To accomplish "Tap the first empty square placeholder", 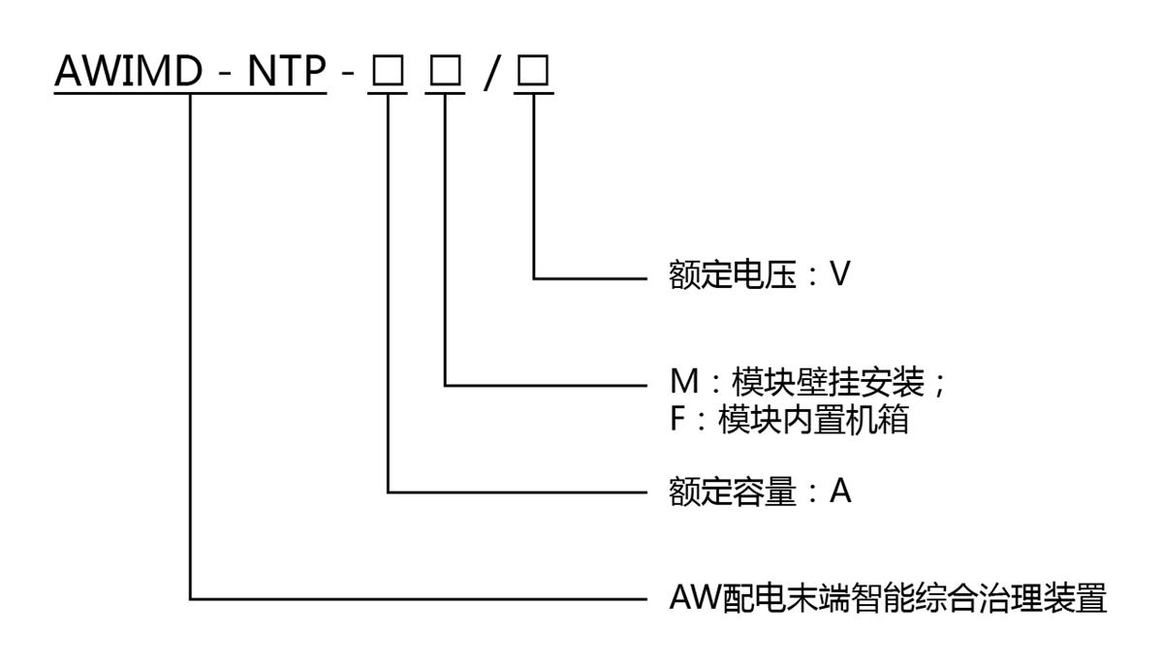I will tap(389, 74).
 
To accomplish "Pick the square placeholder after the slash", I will tap(533, 74).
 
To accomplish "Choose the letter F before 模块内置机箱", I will tap(678, 424).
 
